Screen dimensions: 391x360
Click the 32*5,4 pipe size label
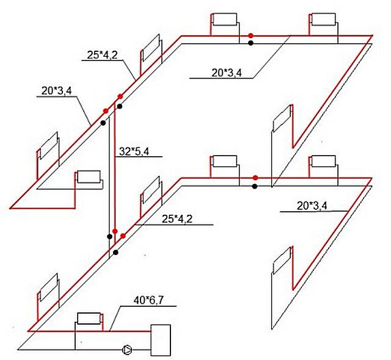(134, 151)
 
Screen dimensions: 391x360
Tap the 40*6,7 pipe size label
(148, 300)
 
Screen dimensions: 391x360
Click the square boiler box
(161, 340)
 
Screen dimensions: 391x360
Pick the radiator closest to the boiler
(89, 319)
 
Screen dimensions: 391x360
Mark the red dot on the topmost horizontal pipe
(250, 35)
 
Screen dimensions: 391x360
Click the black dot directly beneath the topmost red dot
(250, 43)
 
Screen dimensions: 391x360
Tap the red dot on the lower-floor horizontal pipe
(255, 178)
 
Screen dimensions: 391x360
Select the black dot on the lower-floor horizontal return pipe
(255, 186)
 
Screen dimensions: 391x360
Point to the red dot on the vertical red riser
(115, 231)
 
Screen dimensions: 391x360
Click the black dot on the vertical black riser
(109, 237)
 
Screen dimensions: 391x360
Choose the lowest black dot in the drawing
(115, 253)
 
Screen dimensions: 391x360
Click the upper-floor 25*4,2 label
(102, 55)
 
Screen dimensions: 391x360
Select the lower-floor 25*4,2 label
(177, 219)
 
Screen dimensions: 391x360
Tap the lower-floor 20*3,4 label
(312, 206)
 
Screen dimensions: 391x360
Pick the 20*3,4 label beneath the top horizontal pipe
(227, 73)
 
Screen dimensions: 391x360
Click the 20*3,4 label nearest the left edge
(57, 91)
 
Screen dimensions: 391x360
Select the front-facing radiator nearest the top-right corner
(324, 20)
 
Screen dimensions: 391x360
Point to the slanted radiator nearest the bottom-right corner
(282, 261)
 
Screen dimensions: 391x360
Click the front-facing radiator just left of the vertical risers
(89, 177)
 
